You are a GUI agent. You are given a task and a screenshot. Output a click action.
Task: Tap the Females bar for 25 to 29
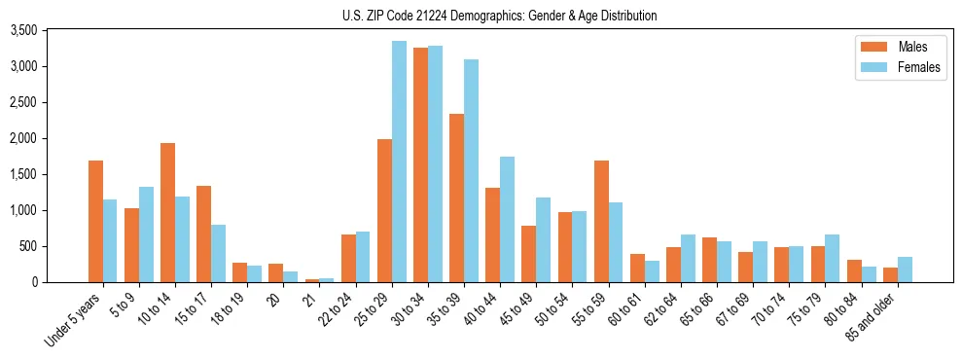[x=399, y=162]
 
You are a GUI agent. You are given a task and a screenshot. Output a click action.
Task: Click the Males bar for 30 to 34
[x=420, y=165]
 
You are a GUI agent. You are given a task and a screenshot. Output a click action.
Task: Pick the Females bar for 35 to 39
[x=471, y=171]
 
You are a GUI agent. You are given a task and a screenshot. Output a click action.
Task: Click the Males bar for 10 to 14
[x=167, y=213]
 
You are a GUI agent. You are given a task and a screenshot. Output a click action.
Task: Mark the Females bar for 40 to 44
[x=507, y=220]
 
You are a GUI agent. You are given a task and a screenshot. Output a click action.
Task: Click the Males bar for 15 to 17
[x=203, y=234]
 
